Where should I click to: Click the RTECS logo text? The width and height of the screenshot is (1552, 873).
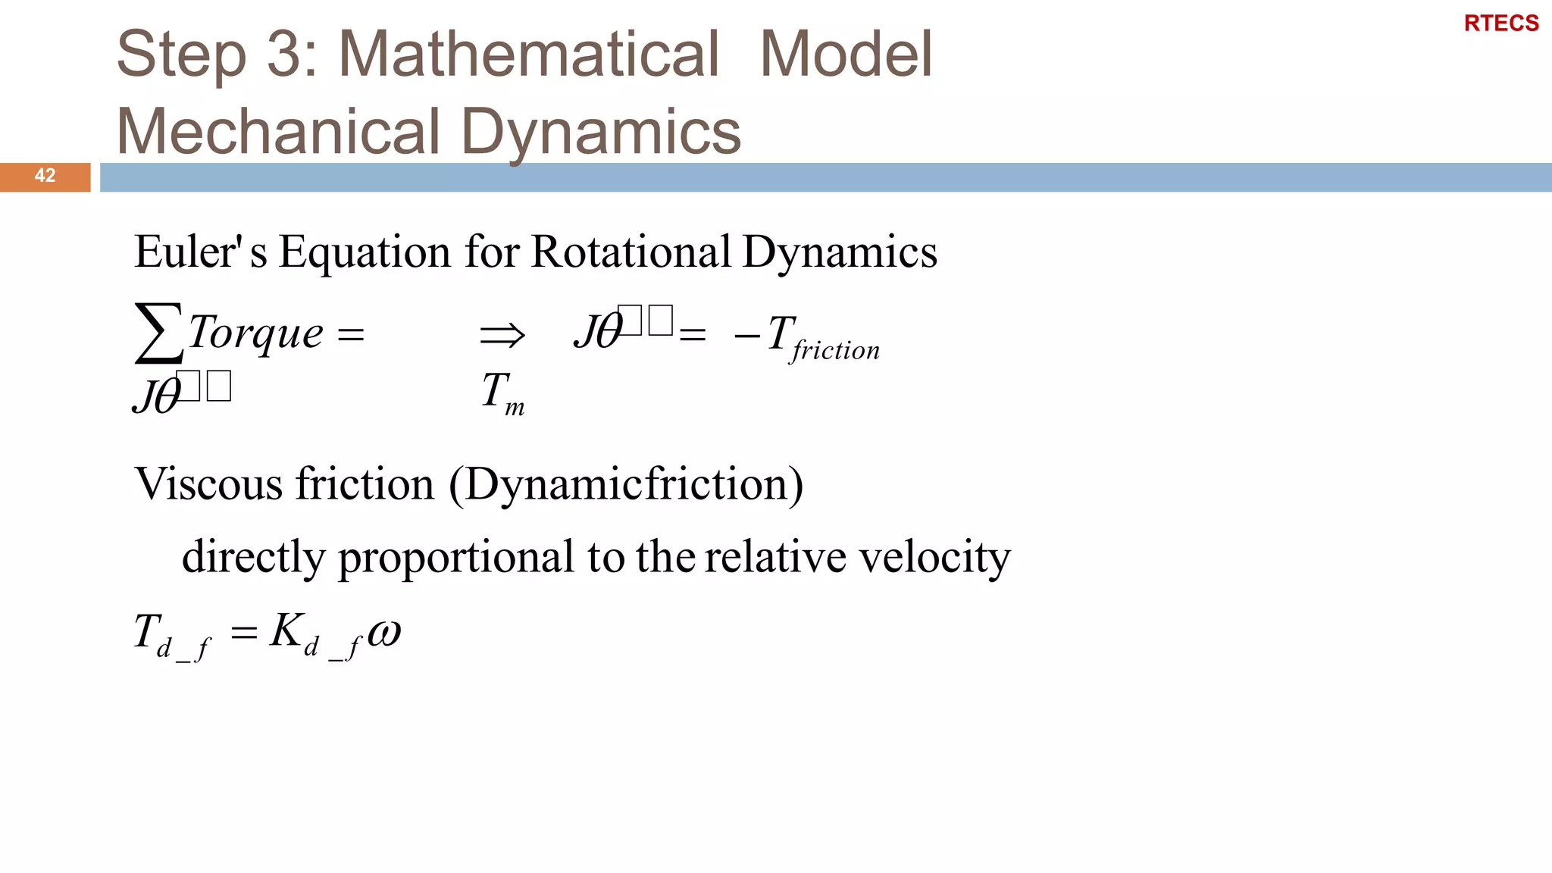(1500, 23)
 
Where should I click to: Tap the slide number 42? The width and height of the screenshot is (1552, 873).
(45, 176)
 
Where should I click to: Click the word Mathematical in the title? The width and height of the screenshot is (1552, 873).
(528, 54)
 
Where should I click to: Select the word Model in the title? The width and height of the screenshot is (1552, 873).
(845, 54)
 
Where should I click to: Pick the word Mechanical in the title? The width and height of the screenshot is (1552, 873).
(277, 131)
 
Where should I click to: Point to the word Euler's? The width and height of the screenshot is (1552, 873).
(200, 252)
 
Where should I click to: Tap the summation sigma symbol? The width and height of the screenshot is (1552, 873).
(158, 333)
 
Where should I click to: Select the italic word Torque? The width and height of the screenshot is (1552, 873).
(255, 333)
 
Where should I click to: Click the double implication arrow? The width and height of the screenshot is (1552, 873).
(502, 334)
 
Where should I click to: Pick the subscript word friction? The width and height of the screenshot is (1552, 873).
(836, 350)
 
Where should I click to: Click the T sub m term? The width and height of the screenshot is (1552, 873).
(502, 393)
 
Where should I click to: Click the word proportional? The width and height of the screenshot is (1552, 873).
(455, 558)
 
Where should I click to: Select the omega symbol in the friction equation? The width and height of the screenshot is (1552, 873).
(384, 631)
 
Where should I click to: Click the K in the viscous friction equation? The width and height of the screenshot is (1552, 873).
(287, 630)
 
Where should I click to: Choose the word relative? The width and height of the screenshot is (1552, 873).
(774, 558)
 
